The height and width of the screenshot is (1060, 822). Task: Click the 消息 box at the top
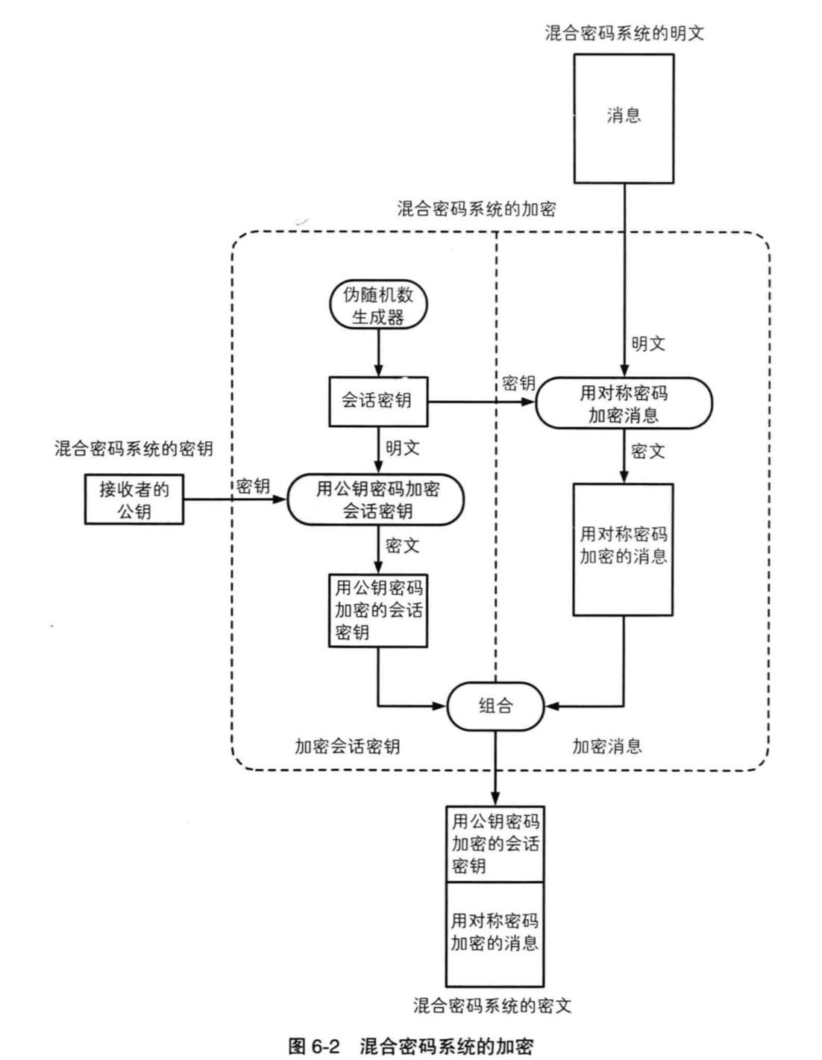pos(624,118)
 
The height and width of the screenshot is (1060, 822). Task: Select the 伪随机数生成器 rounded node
pos(378,305)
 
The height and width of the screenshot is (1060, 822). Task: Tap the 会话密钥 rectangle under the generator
pos(379,401)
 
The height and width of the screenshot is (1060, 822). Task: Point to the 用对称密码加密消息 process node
pos(624,403)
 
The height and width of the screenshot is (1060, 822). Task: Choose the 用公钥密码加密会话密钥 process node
pos(377,499)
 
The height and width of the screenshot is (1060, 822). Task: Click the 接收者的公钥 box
pos(134,499)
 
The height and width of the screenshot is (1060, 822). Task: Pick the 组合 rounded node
pos(495,705)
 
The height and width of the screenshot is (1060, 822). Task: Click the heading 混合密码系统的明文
pos(624,33)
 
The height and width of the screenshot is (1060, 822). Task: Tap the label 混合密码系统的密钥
pos(134,448)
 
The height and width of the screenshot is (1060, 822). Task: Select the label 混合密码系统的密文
pos(493,1006)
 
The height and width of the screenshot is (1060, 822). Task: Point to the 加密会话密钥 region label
pos(347,746)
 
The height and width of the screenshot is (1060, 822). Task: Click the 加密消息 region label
pos(606,746)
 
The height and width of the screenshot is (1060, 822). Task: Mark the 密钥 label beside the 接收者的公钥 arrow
pos(253,486)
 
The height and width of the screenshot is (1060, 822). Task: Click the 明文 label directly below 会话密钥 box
pos(403,448)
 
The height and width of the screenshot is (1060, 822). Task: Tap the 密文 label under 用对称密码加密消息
pos(647,451)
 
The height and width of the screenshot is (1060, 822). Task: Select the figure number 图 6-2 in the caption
pos(314,1045)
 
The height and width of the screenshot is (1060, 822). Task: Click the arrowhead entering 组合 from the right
pos(550,705)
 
